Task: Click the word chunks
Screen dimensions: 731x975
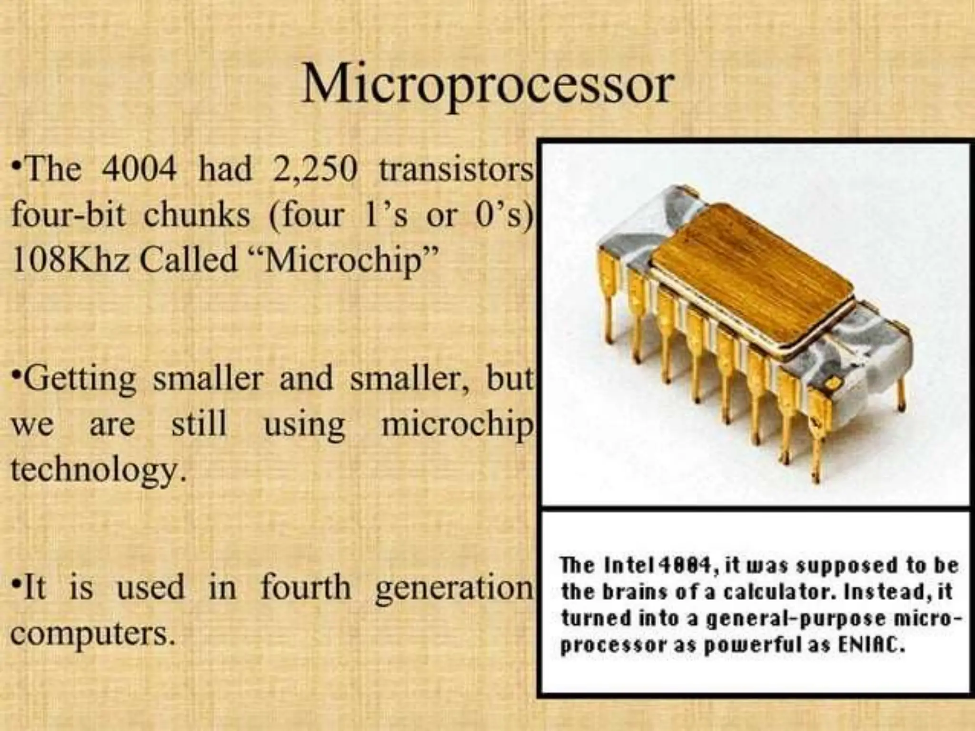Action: (x=197, y=215)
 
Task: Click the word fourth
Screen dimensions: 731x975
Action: (x=306, y=587)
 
